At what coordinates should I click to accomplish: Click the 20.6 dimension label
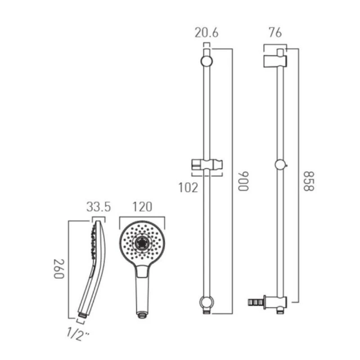click(x=207, y=33)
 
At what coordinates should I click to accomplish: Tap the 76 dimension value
click(x=274, y=33)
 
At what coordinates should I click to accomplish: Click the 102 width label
click(x=189, y=187)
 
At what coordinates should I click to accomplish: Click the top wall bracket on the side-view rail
click(x=274, y=60)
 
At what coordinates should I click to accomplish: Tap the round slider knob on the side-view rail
click(x=280, y=165)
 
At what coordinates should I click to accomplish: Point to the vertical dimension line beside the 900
click(x=232, y=180)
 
